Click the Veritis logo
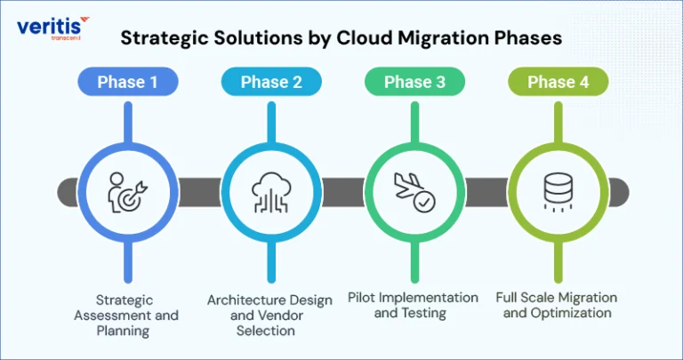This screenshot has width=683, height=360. [52, 28]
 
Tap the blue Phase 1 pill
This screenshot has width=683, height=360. [128, 82]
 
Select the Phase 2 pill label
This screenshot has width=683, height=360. [271, 82]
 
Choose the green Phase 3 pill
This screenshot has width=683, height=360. [414, 82]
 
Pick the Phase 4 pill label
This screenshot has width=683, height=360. [558, 82]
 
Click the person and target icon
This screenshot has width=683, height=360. [127, 192]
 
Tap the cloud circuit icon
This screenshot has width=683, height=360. [271, 192]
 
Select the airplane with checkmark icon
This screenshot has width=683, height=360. [414, 192]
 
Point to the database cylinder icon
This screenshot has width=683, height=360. [558, 191]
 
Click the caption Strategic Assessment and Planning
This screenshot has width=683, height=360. [126, 316]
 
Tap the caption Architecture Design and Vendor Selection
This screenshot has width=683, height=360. [269, 316]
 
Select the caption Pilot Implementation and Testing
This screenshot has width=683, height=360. [413, 305]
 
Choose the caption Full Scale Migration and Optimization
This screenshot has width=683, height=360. [557, 305]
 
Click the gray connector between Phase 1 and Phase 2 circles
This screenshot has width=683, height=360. [199, 192]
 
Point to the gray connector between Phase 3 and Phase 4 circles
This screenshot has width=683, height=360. [486, 192]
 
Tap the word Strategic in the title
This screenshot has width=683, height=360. [165, 39]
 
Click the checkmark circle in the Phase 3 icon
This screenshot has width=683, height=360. [424, 202]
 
